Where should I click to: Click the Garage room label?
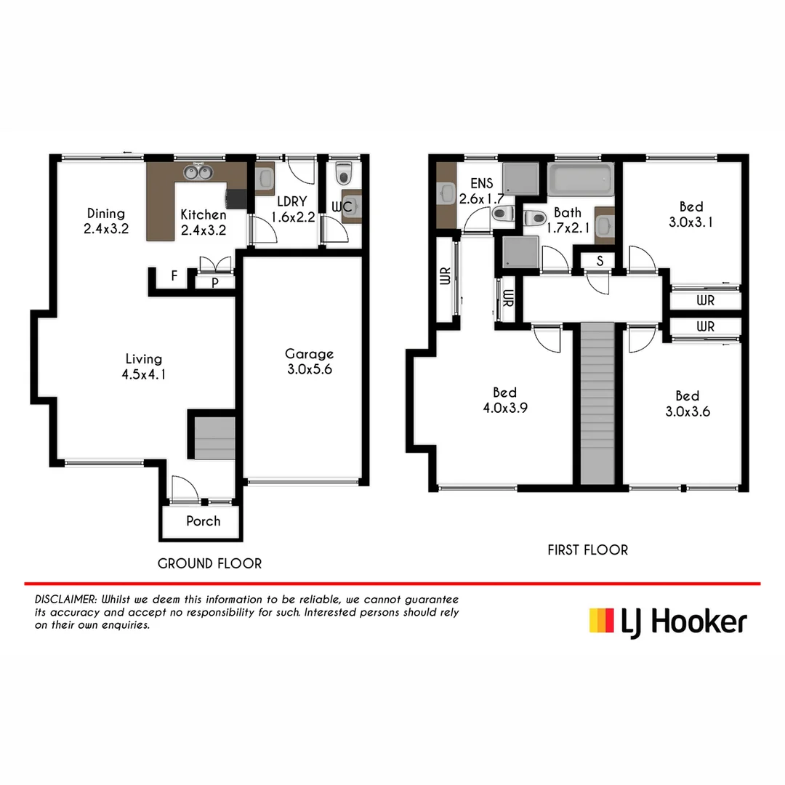pyautogui.click(x=309, y=361)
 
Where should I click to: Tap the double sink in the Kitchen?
pyautogui.click(x=198, y=172)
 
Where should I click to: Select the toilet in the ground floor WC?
pyautogui.click(x=343, y=174)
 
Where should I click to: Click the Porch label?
pyautogui.click(x=203, y=521)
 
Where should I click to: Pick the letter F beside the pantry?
pyautogui.click(x=174, y=275)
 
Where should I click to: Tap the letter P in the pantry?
pyautogui.click(x=215, y=283)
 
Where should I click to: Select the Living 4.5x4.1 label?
pyautogui.click(x=143, y=366)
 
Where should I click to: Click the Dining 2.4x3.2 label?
pyautogui.click(x=106, y=222)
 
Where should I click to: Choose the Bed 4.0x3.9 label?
pyautogui.click(x=504, y=400)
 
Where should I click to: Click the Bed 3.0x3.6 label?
pyautogui.click(x=687, y=403)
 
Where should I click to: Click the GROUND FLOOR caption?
pyautogui.click(x=209, y=563)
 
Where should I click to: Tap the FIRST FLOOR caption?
pyautogui.click(x=587, y=550)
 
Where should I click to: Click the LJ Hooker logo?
pyautogui.click(x=667, y=623)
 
